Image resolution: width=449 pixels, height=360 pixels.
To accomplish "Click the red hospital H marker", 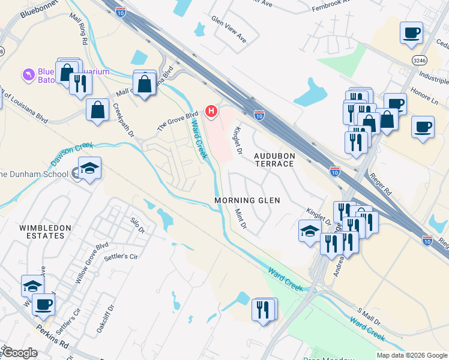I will click(211, 111).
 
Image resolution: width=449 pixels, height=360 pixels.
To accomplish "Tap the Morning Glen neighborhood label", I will click(247, 200).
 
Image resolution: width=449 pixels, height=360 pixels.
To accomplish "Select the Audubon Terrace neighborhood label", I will click(274, 160).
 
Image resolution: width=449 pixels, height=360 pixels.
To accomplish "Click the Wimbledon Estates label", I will click(45, 232).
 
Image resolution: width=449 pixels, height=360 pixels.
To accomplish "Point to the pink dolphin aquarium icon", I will click(28, 74).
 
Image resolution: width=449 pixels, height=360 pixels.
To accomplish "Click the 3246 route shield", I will click(420, 60).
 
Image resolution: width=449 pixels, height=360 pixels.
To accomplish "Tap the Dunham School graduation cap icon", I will click(89, 168).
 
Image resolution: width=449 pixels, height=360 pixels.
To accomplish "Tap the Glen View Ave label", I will click(229, 29).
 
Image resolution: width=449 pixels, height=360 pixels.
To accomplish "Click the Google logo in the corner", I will click(19, 353).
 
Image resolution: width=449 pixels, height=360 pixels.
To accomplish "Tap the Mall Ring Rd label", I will click(80, 35).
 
